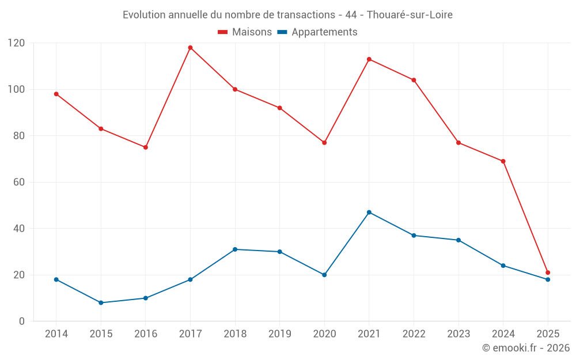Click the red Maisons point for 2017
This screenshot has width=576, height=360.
click(x=190, y=48)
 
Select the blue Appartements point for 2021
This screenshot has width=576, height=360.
click(x=369, y=213)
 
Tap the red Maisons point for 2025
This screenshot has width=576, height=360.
click(x=548, y=272)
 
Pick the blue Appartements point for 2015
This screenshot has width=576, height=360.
click(x=101, y=302)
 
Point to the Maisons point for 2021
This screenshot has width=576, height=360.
click(x=369, y=59)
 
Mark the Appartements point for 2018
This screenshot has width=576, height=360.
click(x=235, y=249)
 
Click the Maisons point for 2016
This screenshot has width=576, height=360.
click(x=146, y=147)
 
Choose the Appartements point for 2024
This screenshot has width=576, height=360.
click(x=503, y=266)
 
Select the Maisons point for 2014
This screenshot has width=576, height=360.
click(x=56, y=94)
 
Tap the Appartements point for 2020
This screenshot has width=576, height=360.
click(x=324, y=275)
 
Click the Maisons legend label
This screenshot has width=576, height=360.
click(x=252, y=32)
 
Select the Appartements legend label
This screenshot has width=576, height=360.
click(x=324, y=32)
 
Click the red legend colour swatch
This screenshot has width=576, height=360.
click(x=222, y=32)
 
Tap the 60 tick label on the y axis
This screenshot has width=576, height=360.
click(x=20, y=182)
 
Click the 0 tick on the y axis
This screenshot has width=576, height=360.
click(x=22, y=321)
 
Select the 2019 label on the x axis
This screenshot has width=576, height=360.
click(x=279, y=334)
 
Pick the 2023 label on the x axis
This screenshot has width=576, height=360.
click(x=458, y=334)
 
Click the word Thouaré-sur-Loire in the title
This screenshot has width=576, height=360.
click(x=410, y=14)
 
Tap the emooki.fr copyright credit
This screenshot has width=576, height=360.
click(x=526, y=348)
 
